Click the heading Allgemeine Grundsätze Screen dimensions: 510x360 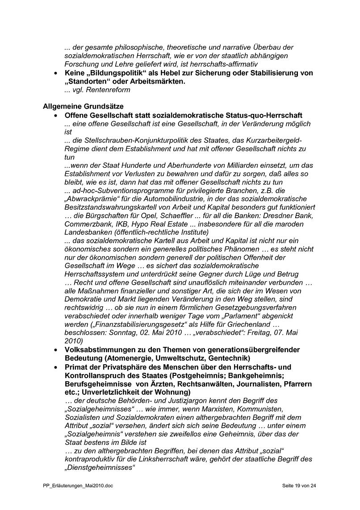coord(83,106)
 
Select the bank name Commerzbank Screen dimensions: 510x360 coord(88,224)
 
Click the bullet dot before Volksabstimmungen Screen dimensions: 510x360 coord(55,350)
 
